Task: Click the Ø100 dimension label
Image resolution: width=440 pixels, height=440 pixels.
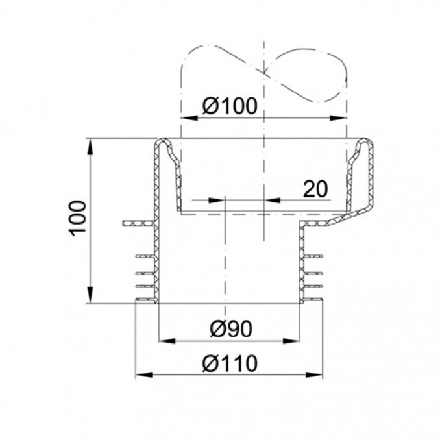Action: point(230,106)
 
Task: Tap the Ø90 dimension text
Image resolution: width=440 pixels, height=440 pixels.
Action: point(231,328)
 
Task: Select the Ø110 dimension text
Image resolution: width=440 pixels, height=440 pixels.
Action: point(230,363)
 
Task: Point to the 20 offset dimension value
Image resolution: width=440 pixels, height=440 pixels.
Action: point(315,189)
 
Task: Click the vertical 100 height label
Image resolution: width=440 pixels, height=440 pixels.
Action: point(77,218)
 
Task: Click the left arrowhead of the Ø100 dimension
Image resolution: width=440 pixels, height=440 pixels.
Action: point(189,118)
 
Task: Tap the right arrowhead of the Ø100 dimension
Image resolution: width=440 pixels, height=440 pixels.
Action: point(338,118)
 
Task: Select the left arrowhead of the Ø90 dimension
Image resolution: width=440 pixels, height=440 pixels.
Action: point(167,341)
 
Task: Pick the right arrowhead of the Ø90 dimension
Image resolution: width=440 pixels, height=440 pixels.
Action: point(291,341)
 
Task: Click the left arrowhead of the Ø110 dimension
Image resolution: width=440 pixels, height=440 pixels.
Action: point(144,375)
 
